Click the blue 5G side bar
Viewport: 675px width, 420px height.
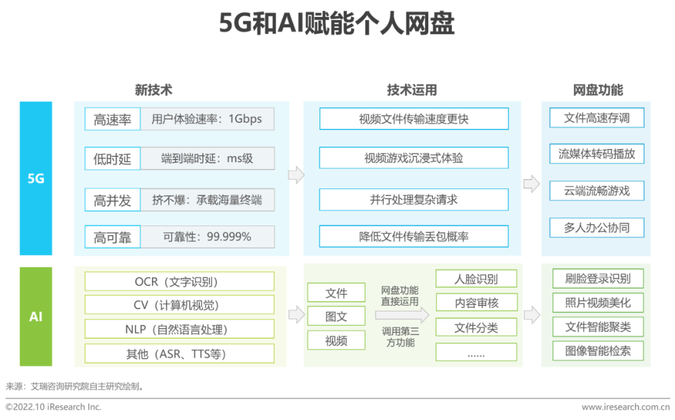pyautogui.click(x=36, y=178)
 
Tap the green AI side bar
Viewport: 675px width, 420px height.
pyautogui.click(x=36, y=317)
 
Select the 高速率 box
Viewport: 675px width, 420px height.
pyautogui.click(x=112, y=119)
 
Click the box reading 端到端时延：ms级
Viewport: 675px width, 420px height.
pyautogui.click(x=207, y=158)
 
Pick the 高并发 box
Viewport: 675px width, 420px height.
pyautogui.click(x=112, y=200)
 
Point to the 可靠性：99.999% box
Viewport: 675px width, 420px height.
pyautogui.click(x=207, y=237)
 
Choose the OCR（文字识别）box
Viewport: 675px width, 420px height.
pyautogui.click(x=179, y=281)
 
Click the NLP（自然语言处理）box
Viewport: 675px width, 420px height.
pyautogui.click(x=179, y=329)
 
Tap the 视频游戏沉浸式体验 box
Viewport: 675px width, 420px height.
pyautogui.click(x=414, y=158)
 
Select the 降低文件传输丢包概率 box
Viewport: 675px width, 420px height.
pyautogui.click(x=414, y=237)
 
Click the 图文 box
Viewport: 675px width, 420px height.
pyautogui.click(x=336, y=316)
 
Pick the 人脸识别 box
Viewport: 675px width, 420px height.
pyautogui.click(x=476, y=279)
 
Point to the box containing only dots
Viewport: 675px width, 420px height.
pyautogui.click(x=476, y=352)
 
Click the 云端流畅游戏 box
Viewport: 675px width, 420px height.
pyautogui.click(x=597, y=190)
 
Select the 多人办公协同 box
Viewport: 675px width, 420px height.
pyautogui.click(x=597, y=227)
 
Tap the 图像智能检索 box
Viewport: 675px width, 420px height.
pyautogui.click(x=598, y=351)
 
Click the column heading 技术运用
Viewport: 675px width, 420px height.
pyautogui.click(x=412, y=90)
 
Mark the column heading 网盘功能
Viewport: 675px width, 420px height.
pyautogui.click(x=598, y=90)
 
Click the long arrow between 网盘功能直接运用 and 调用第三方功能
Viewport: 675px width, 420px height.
pyautogui.click(x=402, y=315)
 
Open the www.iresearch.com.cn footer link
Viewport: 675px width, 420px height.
pyautogui.click(x=626, y=407)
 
